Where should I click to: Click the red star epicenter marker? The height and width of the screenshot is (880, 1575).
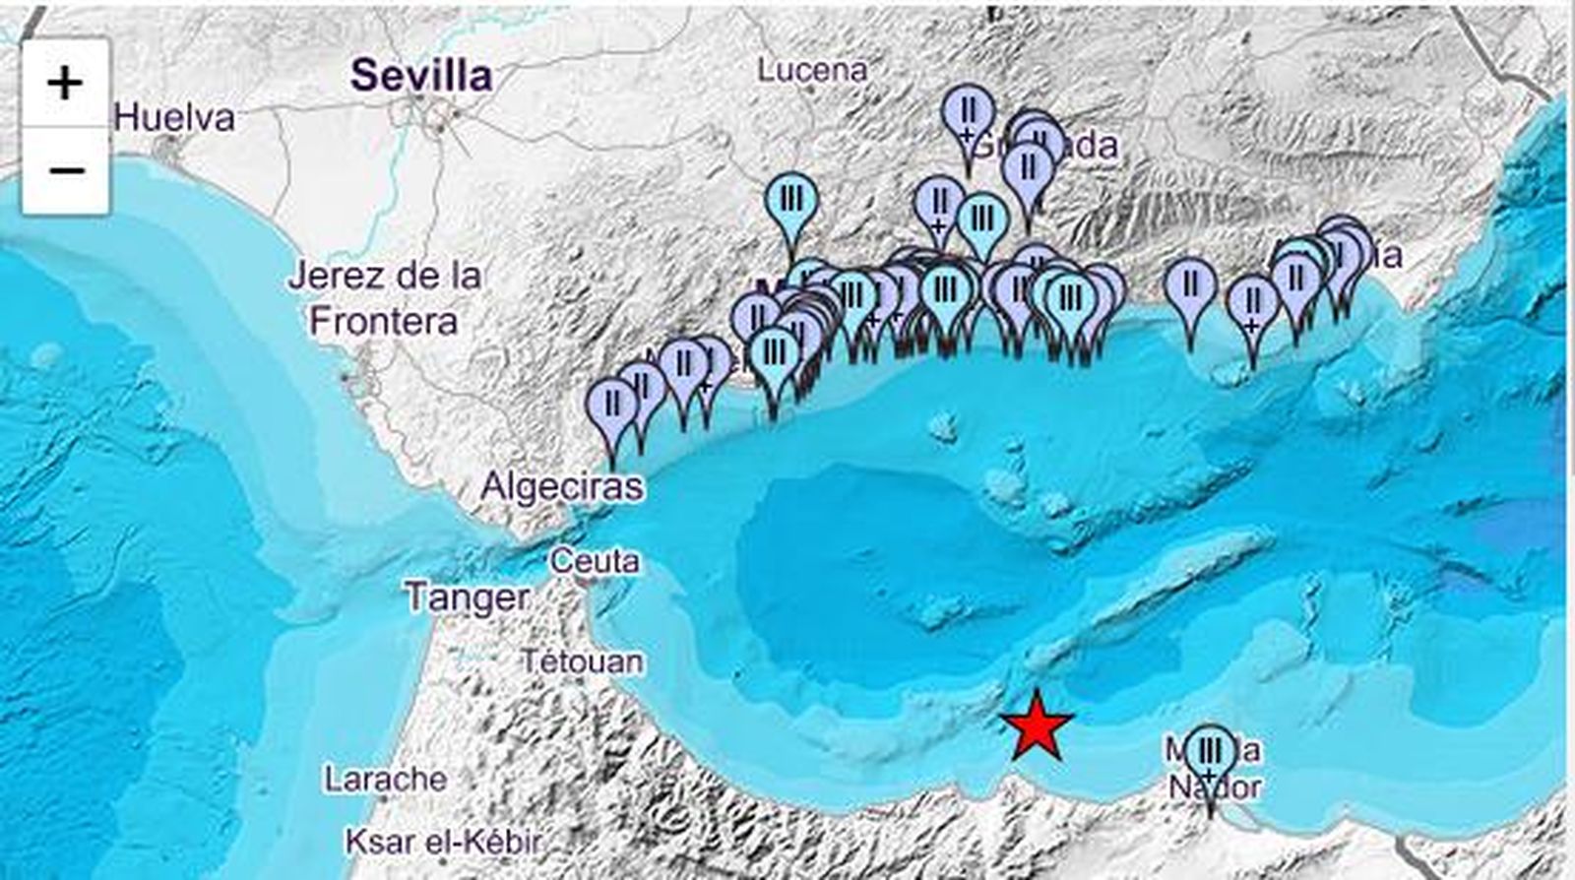pyautogui.click(x=1037, y=726)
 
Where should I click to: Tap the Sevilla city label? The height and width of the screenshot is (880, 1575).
pyautogui.click(x=421, y=76)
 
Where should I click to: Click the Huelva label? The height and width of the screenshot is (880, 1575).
pyautogui.click(x=175, y=118)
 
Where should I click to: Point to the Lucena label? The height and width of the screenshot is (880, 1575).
pyautogui.click(x=812, y=70)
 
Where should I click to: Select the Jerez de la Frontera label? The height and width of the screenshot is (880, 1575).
pyautogui.click(x=384, y=298)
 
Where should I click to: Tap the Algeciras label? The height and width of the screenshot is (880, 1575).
pyautogui.click(x=562, y=486)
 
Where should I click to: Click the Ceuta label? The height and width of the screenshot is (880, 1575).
pyautogui.click(x=595, y=562)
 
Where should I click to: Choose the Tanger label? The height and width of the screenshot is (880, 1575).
pyautogui.click(x=467, y=597)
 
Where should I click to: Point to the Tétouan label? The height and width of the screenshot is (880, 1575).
pyautogui.click(x=582, y=661)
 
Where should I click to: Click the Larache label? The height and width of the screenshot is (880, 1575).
pyautogui.click(x=386, y=780)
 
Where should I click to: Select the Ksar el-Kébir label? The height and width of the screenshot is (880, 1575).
pyautogui.click(x=443, y=842)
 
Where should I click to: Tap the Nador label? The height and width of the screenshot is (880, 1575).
pyautogui.click(x=1215, y=788)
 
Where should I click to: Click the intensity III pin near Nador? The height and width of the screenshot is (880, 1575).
pyautogui.click(x=1210, y=753)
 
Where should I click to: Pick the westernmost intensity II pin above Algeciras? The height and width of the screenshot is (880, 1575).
pyautogui.click(x=612, y=404)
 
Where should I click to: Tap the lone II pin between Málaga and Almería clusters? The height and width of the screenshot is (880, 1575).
pyautogui.click(x=1191, y=284)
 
